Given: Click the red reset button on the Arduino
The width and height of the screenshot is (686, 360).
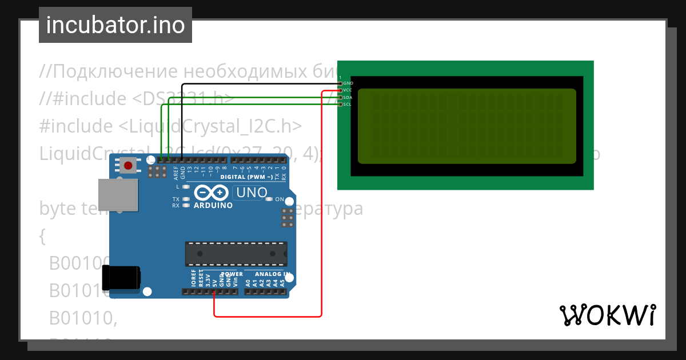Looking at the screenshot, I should [x=128, y=166].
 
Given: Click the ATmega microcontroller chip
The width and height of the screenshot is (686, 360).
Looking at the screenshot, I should [x=236, y=254].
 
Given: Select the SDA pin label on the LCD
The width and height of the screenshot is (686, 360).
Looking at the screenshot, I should [x=348, y=98].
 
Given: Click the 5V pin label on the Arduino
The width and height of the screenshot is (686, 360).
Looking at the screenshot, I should [x=214, y=282].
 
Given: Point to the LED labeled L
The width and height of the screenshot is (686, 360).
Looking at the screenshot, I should [x=186, y=187].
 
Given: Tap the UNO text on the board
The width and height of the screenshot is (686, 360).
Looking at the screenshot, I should [x=252, y=193].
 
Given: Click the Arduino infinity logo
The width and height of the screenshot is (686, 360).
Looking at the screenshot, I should [x=212, y=193].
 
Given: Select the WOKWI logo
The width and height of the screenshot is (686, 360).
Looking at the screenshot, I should [x=607, y=315].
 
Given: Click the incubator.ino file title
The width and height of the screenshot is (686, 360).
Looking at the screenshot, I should [x=115, y=25].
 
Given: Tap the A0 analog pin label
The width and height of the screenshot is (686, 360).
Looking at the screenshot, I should [x=248, y=282].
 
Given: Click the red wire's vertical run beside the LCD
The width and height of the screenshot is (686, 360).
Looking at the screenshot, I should [x=322, y=200].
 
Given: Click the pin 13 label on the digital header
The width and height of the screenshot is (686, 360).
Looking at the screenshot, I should [x=190, y=170].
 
